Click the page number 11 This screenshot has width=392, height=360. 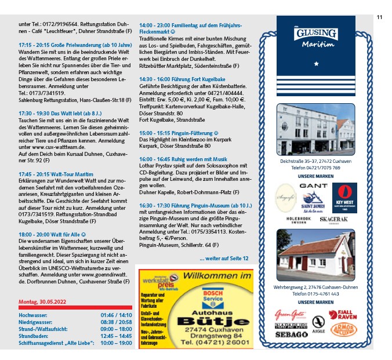(x=379, y=17)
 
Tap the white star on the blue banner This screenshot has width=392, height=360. (x=316, y=63)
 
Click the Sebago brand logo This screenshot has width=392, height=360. (x=291, y=334)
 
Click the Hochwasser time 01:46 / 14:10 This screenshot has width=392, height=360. (x=116, y=315)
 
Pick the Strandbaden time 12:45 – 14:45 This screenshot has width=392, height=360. (x=116, y=336)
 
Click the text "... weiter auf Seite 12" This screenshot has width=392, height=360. (x=223, y=257)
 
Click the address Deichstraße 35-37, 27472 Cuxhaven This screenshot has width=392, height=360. (x=316, y=161)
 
